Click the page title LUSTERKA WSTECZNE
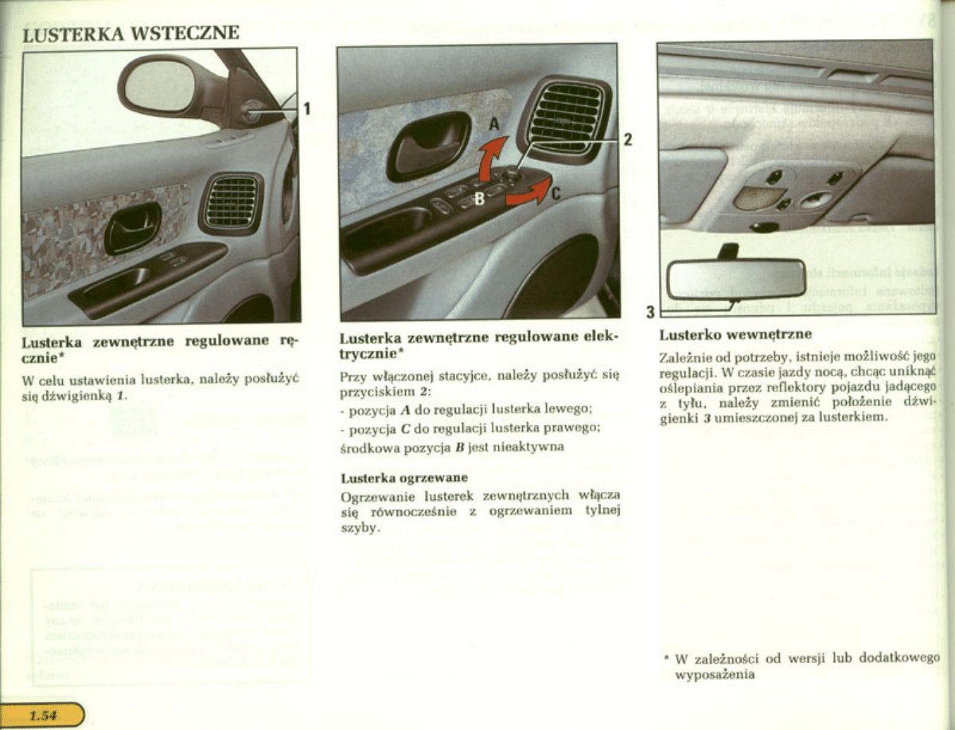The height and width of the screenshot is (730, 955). click(x=131, y=34)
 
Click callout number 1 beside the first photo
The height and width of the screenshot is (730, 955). click(x=306, y=109)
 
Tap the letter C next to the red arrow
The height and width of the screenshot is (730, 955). click(x=556, y=192)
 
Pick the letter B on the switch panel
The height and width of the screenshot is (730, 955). click(x=480, y=199)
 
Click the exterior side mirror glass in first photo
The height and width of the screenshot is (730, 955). click(x=159, y=86)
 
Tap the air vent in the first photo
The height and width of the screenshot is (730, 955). click(x=231, y=202)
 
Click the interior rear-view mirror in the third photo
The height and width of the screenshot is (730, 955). click(x=736, y=279)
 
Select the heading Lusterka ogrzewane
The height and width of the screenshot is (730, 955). click(x=403, y=478)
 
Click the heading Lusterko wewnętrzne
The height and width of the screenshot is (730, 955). click(x=735, y=334)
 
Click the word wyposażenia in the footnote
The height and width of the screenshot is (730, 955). click(x=714, y=674)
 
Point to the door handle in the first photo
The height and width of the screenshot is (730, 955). click(x=132, y=228)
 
